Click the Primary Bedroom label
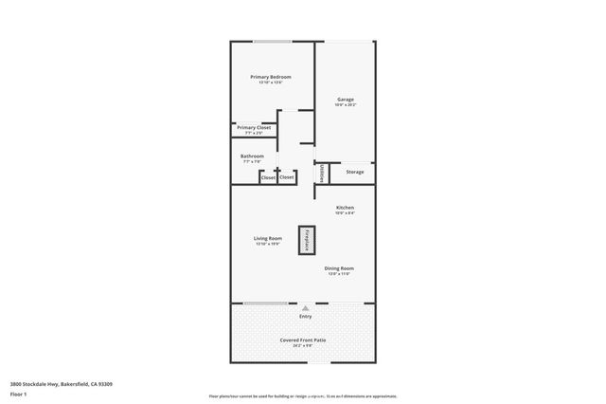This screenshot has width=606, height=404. [271, 76]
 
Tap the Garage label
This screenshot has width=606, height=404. [345, 99]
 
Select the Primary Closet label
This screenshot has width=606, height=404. [254, 127]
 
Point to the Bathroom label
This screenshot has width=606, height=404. [252, 156]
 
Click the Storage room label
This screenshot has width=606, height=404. [355, 172]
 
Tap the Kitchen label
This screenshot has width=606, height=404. [345, 207]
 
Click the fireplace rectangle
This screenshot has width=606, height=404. [307, 239]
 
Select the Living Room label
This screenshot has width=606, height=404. [268, 238]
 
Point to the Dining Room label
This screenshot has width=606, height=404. [340, 268]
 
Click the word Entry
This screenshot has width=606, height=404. [305, 316]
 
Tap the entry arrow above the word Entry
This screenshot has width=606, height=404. [305, 307]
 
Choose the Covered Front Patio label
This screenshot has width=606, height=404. [303, 339]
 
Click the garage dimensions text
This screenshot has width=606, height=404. [345, 104]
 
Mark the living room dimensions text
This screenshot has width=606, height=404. [268, 244]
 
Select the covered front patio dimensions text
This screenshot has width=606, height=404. [303, 345]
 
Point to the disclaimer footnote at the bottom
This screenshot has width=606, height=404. [303, 395]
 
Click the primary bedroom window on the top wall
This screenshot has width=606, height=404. [273, 41]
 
